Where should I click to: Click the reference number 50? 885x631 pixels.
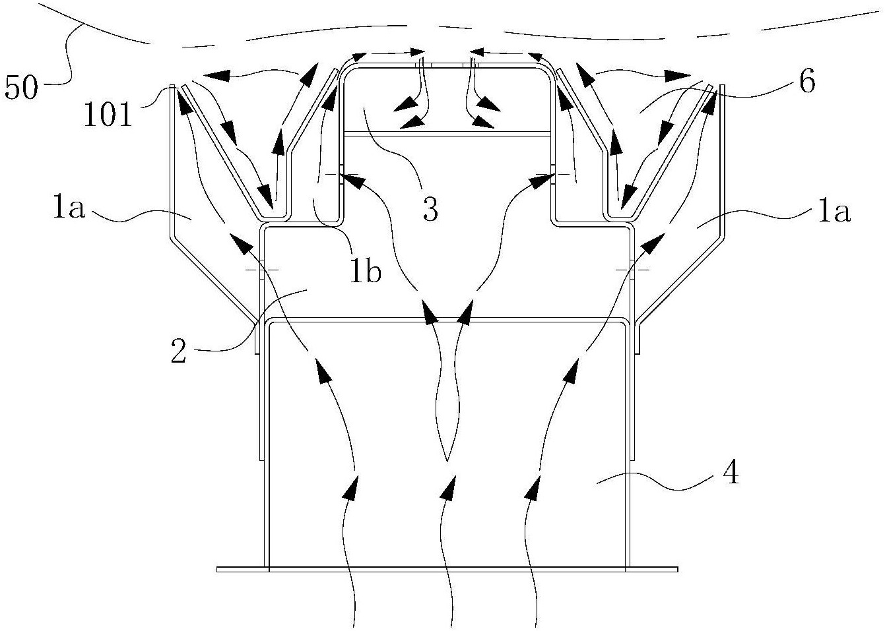click(21, 88)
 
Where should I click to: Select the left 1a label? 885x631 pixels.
click(69, 208)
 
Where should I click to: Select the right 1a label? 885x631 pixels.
click(834, 213)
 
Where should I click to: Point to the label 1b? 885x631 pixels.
click(366, 272)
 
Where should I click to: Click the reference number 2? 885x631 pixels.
click(178, 352)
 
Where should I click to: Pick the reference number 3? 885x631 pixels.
click(430, 209)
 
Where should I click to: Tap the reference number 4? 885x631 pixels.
click(732, 473)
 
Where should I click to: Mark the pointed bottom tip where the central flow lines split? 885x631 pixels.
click(447, 461)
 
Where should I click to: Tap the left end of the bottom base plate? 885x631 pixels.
click(217, 569)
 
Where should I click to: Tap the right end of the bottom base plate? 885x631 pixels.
click(678, 569)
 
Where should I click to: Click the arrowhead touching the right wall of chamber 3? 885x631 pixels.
click(541, 181)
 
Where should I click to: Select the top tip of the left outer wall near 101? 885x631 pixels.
click(172, 85)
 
